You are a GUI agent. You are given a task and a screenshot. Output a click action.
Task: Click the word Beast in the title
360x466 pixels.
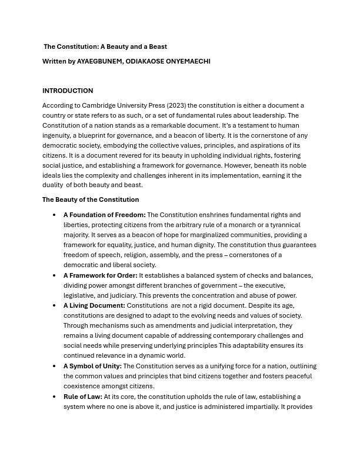[157, 46]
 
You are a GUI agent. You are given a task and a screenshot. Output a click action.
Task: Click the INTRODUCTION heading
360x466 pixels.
[68, 91]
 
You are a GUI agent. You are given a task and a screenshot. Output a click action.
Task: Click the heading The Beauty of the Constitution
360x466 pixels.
[91, 199]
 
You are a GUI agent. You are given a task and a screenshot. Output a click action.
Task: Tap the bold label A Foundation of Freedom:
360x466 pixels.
[104, 215]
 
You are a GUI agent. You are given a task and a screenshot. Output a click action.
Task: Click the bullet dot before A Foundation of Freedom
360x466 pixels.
[54, 215]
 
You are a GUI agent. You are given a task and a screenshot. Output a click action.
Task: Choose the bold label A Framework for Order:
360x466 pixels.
[100, 275]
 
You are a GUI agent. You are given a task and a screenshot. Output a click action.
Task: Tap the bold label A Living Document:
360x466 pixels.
[94, 305]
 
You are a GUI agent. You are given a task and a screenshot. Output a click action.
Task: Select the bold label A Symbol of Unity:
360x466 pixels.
[92, 366]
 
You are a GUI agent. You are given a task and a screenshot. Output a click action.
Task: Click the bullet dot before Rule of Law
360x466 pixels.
[54, 397]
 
